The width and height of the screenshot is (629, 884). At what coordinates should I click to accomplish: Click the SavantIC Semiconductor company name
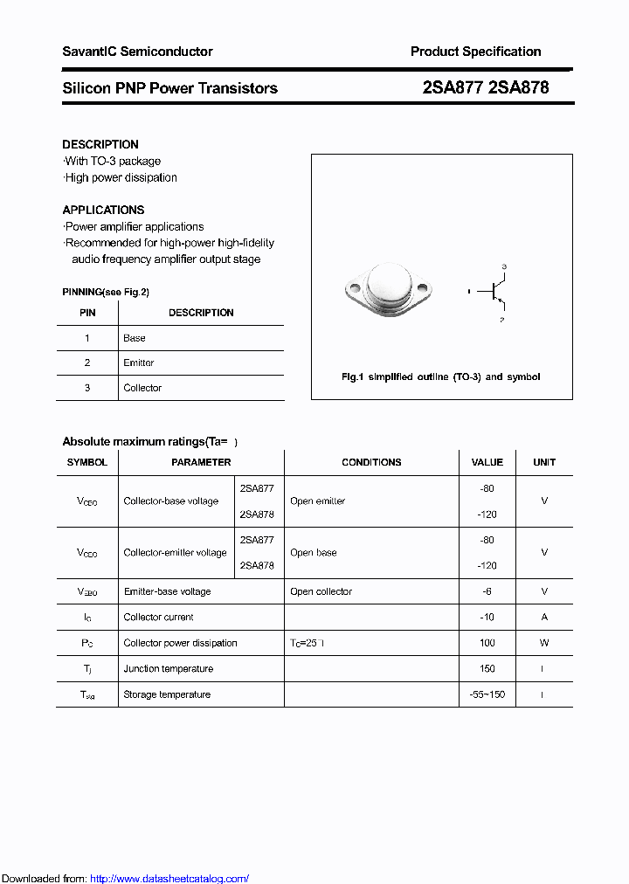pyautogui.click(x=137, y=52)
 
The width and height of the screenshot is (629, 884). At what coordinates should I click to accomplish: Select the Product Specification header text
pyautogui.click(x=475, y=52)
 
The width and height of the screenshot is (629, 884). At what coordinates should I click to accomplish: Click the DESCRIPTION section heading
pyautogui.click(x=100, y=144)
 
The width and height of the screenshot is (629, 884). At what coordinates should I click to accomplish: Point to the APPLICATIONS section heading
pyautogui.click(x=103, y=210)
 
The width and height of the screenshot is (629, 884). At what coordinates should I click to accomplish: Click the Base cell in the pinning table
pyautogui.click(x=135, y=338)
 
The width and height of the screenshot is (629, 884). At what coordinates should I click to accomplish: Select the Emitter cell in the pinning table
pyautogui.click(x=139, y=363)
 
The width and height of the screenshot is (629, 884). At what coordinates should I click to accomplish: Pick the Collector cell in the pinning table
pyautogui.click(x=142, y=388)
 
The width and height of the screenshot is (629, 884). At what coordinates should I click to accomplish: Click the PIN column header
pyautogui.click(x=87, y=313)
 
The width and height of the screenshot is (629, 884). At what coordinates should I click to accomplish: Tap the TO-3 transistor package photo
pyautogui.click(x=387, y=287)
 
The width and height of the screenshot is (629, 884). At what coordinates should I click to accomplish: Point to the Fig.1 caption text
pyautogui.click(x=440, y=376)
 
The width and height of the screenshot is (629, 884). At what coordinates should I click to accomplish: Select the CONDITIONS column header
pyautogui.click(x=371, y=462)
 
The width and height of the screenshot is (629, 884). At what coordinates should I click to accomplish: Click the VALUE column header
pyautogui.click(x=487, y=462)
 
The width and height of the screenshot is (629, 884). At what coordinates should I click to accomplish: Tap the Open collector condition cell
pyautogui.click(x=321, y=591)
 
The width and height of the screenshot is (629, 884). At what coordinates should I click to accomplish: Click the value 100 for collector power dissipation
pyautogui.click(x=487, y=643)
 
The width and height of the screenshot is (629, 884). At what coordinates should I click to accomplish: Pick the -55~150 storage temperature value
pyautogui.click(x=487, y=694)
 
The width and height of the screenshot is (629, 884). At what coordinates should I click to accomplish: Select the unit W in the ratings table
pyautogui.click(x=544, y=643)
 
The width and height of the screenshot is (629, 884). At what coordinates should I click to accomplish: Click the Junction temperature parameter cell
pyautogui.click(x=169, y=669)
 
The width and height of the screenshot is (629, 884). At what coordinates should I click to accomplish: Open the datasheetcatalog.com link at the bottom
pyautogui.click(x=169, y=879)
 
